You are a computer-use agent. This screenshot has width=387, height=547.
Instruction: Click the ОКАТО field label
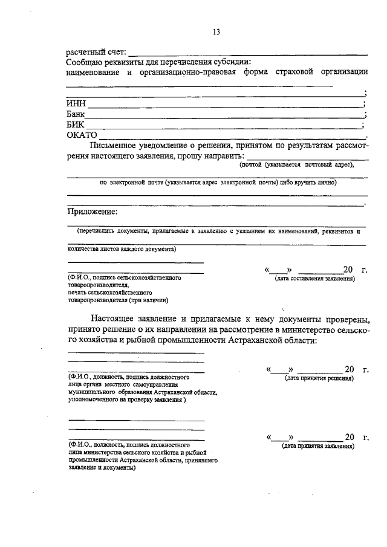coord(82,135)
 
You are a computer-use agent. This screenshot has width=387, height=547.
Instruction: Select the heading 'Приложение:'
coord(91,212)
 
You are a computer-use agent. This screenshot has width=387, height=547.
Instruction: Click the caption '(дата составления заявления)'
coord(314,279)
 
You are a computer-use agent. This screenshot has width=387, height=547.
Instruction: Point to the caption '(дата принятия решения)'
coord(319,378)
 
